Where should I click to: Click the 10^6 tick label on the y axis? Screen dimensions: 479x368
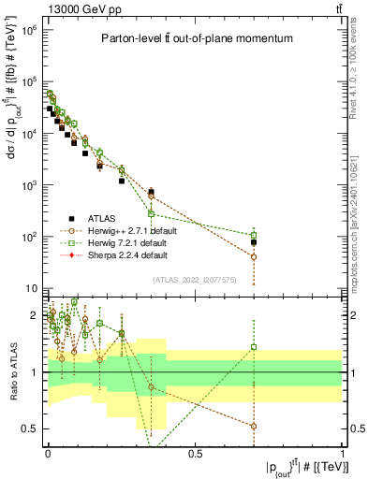[x=30, y=30]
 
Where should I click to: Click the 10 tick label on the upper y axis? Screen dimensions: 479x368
[x=33, y=288]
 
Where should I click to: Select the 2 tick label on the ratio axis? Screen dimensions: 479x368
[x=35, y=315]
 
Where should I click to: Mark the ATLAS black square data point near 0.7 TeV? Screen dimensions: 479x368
[x=254, y=242]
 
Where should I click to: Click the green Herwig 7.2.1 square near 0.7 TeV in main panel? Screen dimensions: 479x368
[x=254, y=235]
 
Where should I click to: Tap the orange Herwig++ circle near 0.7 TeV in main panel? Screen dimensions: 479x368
[x=254, y=256]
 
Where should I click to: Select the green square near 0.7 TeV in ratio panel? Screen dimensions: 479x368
[x=254, y=347]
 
